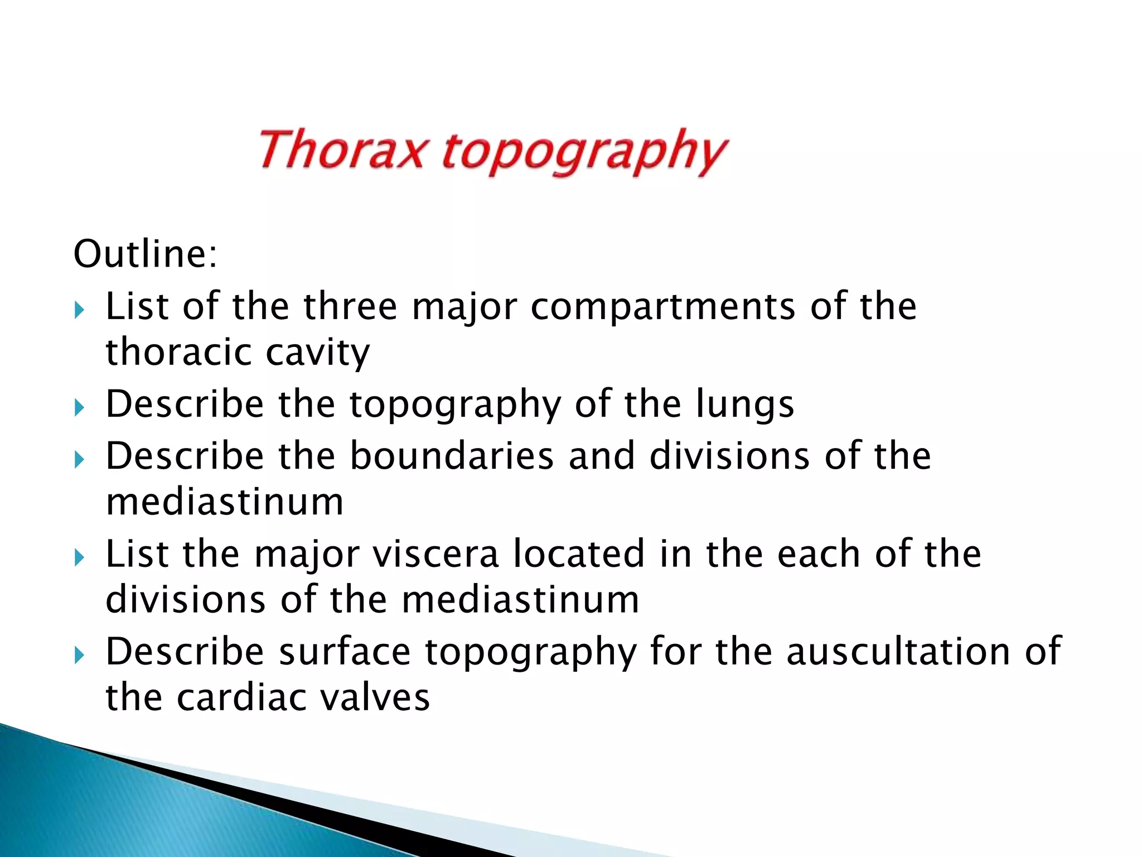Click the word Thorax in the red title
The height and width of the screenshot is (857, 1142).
coord(342,150)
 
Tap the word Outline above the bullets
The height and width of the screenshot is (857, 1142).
coord(144,254)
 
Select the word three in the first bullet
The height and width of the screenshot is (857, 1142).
coord(350,306)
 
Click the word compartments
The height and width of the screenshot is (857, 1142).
coord(662,307)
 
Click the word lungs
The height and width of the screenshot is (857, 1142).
coord(745,405)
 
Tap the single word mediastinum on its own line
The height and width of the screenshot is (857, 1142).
coord(225,502)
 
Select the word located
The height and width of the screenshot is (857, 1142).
coord(578,553)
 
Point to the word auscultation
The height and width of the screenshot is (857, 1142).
coord(898,651)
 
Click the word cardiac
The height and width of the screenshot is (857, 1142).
coord(241,697)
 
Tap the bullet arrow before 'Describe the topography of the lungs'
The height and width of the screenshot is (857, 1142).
coord(79,408)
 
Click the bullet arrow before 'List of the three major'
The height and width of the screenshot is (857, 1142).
coord(79,310)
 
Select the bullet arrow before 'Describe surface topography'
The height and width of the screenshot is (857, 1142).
coord(79,655)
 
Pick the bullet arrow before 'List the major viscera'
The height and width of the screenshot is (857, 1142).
coord(79,557)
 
